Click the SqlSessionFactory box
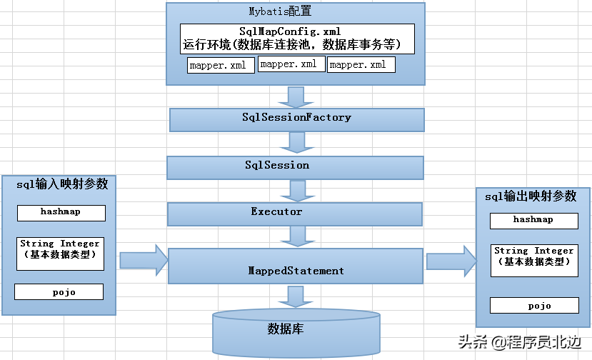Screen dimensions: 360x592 [296, 118]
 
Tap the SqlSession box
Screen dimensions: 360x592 [295, 166]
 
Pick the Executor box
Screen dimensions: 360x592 [294, 212]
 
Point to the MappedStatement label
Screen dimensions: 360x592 [296, 271]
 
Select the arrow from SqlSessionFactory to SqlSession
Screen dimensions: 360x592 [294, 143]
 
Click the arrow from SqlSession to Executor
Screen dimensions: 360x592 [294, 189]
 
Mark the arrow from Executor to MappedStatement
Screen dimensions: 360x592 [294, 235]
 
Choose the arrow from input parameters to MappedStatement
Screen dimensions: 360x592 [143, 259]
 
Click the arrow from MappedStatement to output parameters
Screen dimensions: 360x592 [450, 261]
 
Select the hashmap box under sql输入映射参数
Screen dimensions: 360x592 [61, 212]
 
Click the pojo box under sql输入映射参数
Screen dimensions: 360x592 [59, 291]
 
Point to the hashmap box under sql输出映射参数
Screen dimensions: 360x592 [533, 220]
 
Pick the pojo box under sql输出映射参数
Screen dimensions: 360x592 [533, 305]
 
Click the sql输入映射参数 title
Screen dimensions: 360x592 [62, 184]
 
